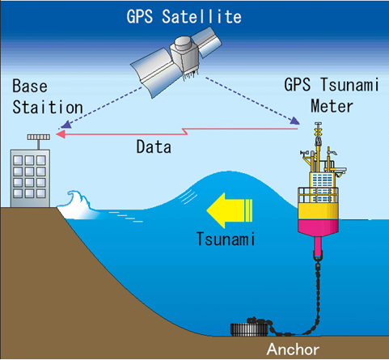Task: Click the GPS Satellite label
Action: [184, 17]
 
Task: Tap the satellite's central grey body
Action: [184, 55]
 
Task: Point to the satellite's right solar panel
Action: [207, 42]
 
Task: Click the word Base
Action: [30, 86]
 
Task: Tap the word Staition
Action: [48, 107]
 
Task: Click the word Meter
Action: [332, 106]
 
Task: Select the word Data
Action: [154, 147]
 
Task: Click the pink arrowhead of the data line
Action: [61, 133]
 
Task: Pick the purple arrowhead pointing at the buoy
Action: [295, 121]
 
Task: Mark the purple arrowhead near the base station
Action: [66, 125]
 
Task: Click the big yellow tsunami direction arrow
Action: [230, 210]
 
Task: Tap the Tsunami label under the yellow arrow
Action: [226, 239]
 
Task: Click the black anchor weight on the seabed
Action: [249, 329]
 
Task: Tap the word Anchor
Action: [293, 349]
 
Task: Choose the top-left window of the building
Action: [18, 160]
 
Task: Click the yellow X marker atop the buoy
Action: [319, 131]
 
